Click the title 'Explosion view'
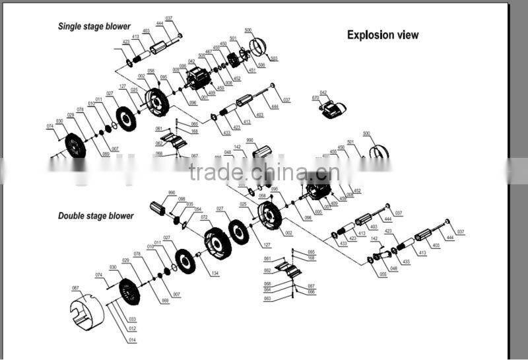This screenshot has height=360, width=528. coord(383,35)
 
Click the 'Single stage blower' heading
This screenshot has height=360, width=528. coord(94,27)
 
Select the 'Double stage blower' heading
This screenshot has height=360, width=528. coord(96,216)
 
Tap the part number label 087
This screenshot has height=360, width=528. coord(75,288)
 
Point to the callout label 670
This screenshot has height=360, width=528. coord(315,98)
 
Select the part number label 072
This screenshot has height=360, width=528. coord(205,217)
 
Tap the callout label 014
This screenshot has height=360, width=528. coord(133,340)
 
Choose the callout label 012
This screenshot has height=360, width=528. coord(133,329)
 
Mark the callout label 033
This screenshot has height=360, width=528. coord(133,319)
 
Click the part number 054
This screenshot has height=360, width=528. coord(198,209)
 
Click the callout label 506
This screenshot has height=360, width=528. coord(261,65)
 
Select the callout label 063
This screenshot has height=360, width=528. coord(267,298)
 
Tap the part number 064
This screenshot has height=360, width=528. coord(267,289)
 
